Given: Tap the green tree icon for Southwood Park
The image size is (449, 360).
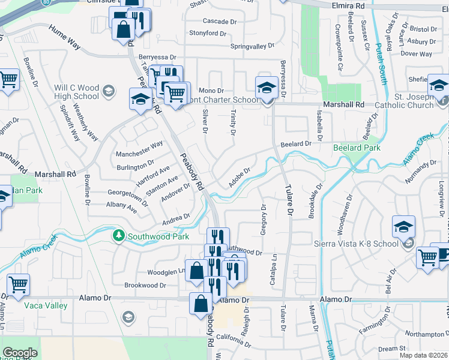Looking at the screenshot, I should click(x=119, y=235).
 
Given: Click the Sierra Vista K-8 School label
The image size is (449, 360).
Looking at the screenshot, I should click(x=357, y=244).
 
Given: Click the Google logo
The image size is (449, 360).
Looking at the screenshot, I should click(x=20, y=353).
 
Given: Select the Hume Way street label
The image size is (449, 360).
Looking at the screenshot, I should click(x=65, y=36).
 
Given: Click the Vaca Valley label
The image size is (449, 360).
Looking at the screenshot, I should click(x=46, y=305).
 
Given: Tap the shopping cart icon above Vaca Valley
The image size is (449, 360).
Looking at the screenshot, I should click(x=19, y=284).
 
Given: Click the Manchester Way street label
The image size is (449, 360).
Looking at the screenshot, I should click(x=139, y=145).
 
